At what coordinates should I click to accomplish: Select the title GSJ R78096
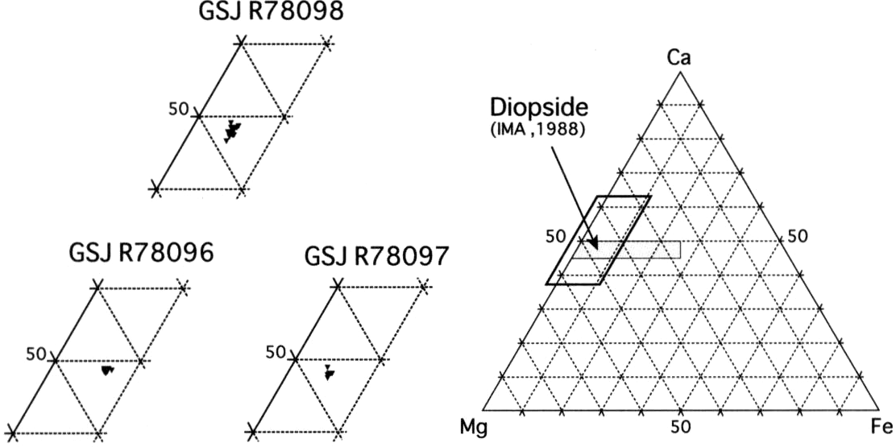141,252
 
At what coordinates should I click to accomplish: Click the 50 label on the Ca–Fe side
797,235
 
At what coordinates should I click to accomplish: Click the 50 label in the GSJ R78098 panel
179,108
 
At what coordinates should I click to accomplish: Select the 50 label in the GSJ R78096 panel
36,354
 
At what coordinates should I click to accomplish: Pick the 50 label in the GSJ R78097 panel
276,351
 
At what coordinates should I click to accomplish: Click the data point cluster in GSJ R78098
232,130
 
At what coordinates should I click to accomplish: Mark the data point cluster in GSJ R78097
328,372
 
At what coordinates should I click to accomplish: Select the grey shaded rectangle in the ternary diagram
627,250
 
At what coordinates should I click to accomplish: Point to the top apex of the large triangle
680,72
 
